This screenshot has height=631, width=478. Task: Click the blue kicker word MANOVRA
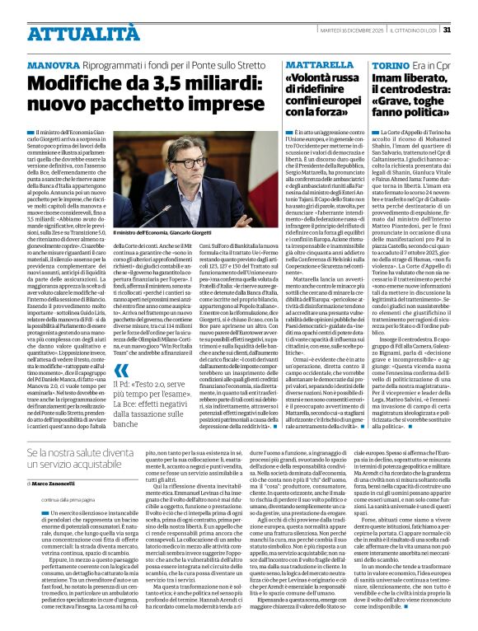pyautogui.click(x=52, y=64)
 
